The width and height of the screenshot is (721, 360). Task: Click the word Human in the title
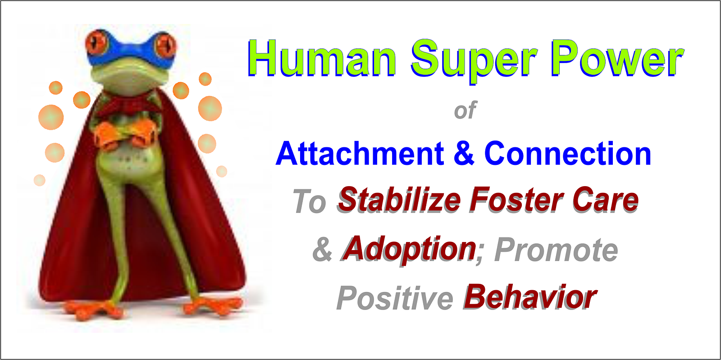322,58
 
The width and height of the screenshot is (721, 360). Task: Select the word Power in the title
617,58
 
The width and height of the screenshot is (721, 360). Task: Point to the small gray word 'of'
465,110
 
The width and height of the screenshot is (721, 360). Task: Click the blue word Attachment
360,154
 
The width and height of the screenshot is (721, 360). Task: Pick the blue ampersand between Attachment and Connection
464,154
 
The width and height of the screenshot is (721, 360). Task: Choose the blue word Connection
567,154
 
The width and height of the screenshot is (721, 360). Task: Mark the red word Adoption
409,249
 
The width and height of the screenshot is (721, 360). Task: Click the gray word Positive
395,298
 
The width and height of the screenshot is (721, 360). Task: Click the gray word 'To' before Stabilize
310,201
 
